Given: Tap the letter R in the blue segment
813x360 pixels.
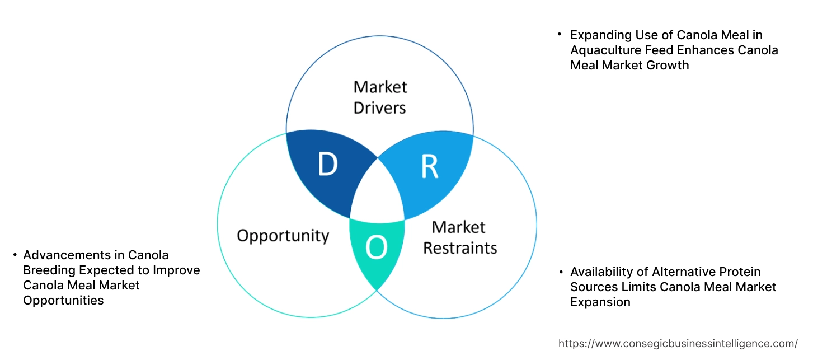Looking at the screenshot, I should coord(429,167).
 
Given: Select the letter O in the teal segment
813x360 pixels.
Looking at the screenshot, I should coord(377,248).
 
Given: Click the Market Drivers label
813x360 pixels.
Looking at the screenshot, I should coord(380,97).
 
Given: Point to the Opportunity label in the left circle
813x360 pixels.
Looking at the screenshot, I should coord(283,235).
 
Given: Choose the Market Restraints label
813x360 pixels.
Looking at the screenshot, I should coord(459,237).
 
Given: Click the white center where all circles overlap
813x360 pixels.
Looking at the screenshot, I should coord(377,193).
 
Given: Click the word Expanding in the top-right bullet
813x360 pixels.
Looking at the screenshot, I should coord(597,35).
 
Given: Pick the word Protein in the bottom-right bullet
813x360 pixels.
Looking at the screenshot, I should coord(739,272).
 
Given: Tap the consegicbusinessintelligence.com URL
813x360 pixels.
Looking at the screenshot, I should coord(678,343).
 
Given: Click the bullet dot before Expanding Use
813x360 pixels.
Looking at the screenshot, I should coord(559,35).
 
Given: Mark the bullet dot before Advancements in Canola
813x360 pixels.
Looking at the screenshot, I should coord(15,255).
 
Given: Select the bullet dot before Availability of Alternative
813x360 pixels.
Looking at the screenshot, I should coord(560,272).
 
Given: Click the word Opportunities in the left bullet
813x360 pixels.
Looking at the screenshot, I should coord(63,300).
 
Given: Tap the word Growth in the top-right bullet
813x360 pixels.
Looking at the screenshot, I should coord(670,66).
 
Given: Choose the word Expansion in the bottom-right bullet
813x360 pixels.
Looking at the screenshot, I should coord(600,302).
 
